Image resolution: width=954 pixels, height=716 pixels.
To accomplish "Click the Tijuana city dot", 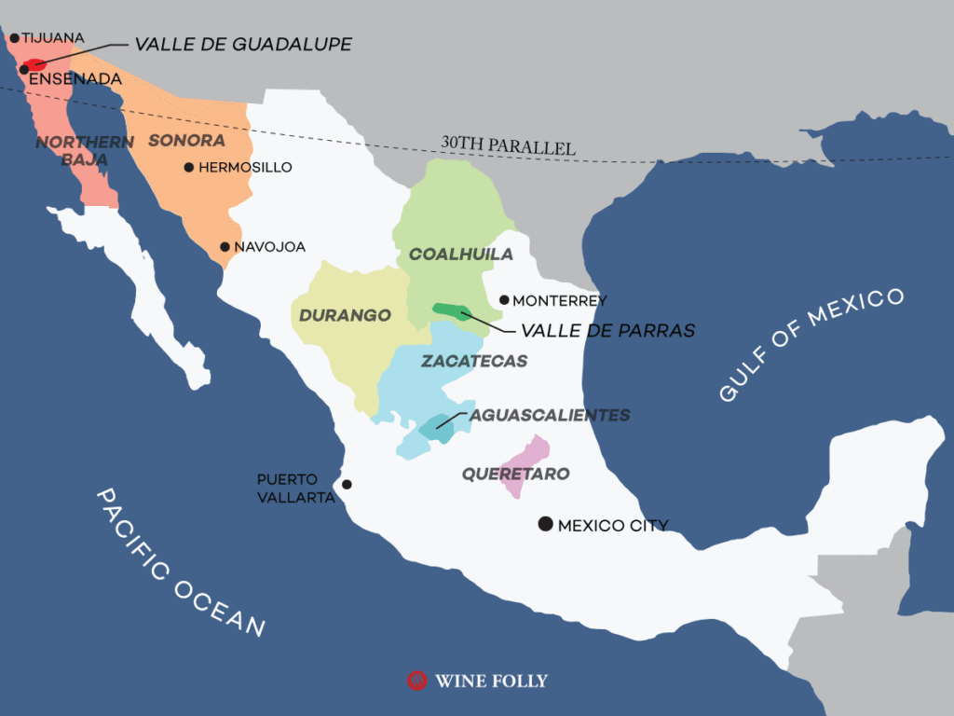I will point(14,38).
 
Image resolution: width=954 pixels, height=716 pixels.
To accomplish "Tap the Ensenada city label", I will point(75,79).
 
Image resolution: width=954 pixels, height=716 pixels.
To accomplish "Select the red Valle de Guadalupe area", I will point(35,65).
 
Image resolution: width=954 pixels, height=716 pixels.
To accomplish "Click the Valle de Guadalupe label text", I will point(243,44).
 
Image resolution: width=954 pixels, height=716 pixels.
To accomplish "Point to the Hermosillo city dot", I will point(189,168).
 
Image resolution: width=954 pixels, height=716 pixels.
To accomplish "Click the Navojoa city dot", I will point(225,247).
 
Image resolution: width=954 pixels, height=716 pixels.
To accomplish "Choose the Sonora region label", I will point(186,141).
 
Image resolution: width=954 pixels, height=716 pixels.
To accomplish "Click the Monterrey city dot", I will point(504,300).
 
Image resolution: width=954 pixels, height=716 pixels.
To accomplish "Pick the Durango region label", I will point(345,315).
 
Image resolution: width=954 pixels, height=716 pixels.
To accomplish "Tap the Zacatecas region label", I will point(474,361).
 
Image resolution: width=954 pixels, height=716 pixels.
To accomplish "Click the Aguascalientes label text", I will point(550,415).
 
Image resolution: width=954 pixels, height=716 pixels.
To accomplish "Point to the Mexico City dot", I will point(545,524).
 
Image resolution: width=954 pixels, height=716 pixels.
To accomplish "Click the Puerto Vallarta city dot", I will point(347,484).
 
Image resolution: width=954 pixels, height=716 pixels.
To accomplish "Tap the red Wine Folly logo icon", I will point(416,681).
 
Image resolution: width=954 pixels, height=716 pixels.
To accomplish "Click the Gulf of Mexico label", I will point(811,344).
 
